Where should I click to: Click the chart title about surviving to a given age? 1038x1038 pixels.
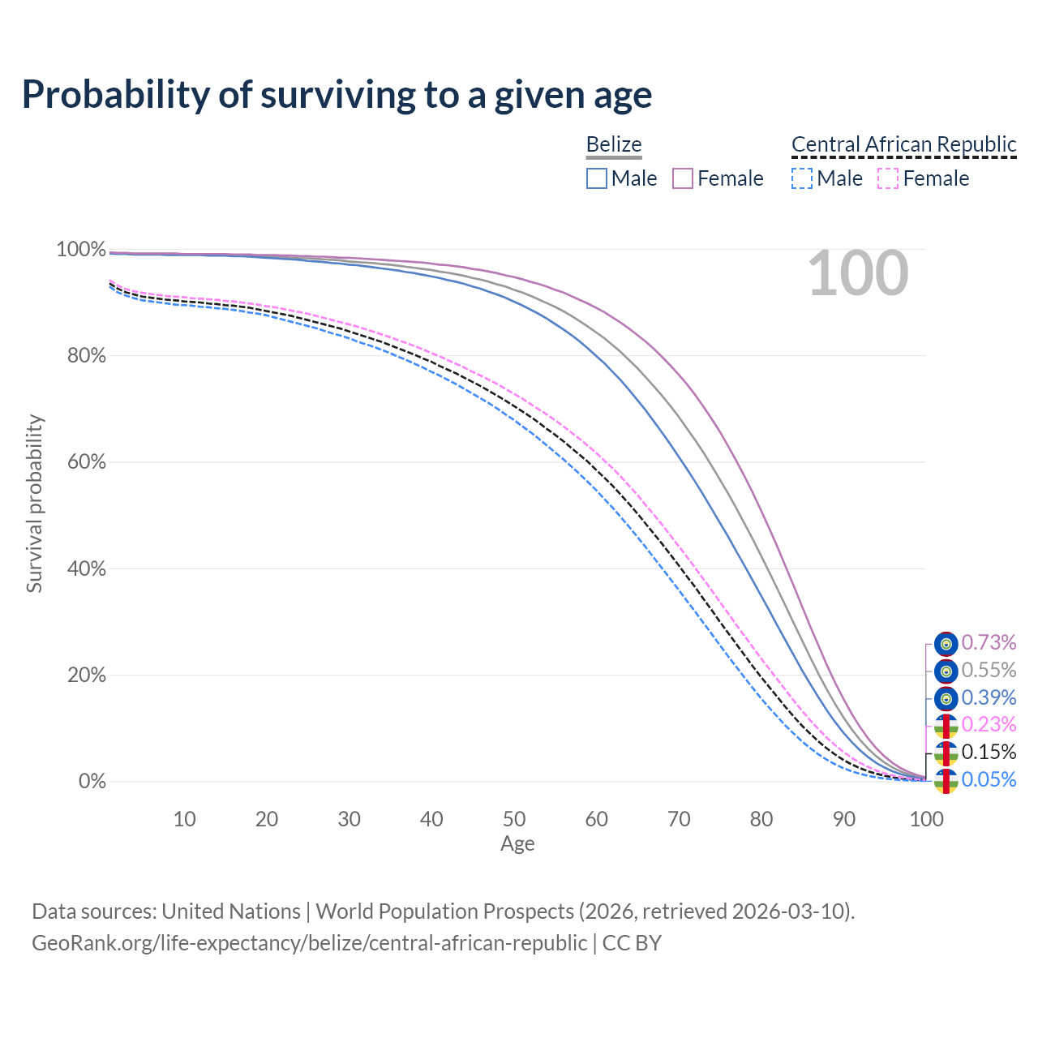click(x=337, y=94)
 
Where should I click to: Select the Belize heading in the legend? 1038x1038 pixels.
click(x=614, y=144)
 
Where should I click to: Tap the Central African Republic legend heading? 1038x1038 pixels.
click(x=903, y=144)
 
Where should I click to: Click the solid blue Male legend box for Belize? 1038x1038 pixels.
click(x=597, y=178)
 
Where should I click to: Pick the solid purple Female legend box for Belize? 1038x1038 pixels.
click(x=683, y=178)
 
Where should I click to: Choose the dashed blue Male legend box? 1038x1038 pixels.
click(x=801, y=178)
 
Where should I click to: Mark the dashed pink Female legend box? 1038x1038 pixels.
click(x=888, y=178)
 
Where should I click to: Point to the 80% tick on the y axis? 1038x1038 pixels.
click(x=81, y=356)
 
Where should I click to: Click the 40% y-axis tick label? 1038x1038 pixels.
click(x=81, y=569)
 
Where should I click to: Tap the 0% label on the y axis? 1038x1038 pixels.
click(x=92, y=782)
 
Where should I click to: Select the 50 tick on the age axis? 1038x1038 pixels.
click(x=514, y=819)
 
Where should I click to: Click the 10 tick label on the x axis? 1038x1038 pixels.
click(x=185, y=819)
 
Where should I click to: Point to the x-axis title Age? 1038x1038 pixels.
click(x=517, y=844)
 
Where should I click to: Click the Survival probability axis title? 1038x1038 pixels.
click(x=34, y=504)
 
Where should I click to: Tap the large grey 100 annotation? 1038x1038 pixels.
click(x=858, y=274)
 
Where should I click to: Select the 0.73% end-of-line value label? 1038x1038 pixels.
click(x=989, y=643)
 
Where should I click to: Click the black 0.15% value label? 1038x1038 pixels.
click(x=989, y=752)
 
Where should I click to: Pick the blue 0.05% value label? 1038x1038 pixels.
click(x=989, y=780)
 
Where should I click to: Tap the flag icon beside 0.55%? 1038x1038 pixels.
click(x=946, y=671)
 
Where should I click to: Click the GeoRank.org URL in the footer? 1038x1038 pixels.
click(x=309, y=943)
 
